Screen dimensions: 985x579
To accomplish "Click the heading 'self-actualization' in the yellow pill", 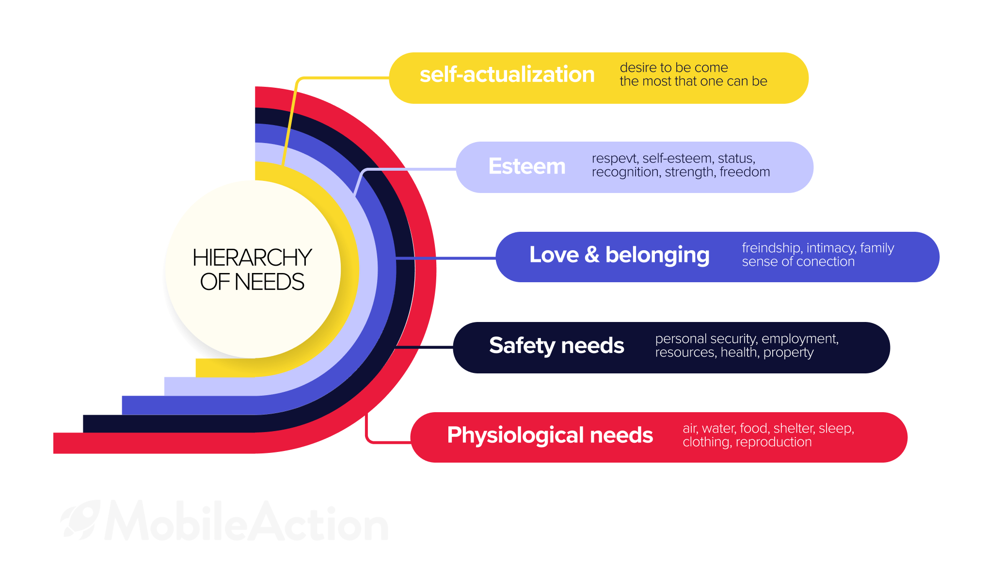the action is click(x=507, y=75).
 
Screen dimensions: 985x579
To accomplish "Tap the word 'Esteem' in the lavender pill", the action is click(x=527, y=166).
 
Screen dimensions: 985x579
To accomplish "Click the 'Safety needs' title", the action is click(x=556, y=346).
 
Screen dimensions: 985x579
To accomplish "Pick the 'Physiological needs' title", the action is click(x=550, y=435).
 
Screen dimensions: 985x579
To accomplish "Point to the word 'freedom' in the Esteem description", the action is click(x=745, y=172).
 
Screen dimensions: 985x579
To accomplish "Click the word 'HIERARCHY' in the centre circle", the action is click(x=252, y=257).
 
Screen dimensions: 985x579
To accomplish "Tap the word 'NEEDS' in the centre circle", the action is click(x=270, y=282).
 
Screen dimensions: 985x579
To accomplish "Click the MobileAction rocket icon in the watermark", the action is click(x=80, y=520).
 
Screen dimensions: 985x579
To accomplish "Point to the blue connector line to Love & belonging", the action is click(x=446, y=258).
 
